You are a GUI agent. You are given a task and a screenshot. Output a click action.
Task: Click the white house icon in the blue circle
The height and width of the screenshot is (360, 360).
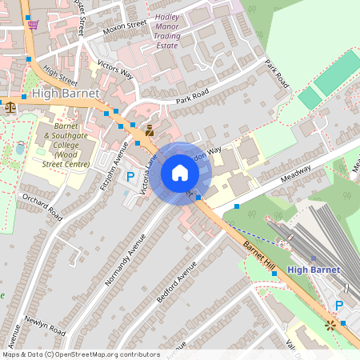[180, 173]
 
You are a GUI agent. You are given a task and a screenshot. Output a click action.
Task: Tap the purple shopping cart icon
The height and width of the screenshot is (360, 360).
[33, 24]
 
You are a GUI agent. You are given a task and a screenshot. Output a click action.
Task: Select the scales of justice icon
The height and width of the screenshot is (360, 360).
[10, 105]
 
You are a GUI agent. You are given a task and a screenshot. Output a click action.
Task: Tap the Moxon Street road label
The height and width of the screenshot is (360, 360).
[126, 29]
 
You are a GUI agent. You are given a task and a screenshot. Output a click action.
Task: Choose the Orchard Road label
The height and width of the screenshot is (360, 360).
[42, 206]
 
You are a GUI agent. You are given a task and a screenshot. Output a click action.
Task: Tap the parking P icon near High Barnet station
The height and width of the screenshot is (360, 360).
[339, 306]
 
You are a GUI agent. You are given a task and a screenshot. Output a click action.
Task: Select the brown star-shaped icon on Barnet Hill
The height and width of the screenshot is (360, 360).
[330, 325]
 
